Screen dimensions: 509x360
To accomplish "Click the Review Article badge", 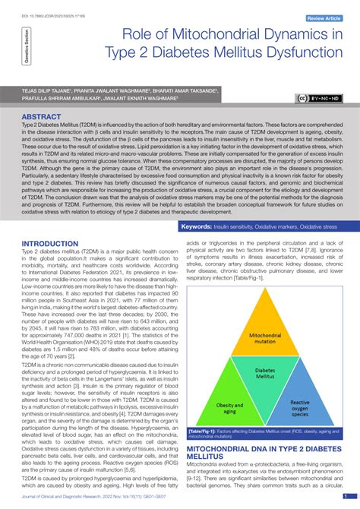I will pos(327,18).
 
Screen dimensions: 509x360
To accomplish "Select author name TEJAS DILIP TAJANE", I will pos(47,89).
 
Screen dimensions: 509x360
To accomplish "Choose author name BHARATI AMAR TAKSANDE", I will pos(183,89).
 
